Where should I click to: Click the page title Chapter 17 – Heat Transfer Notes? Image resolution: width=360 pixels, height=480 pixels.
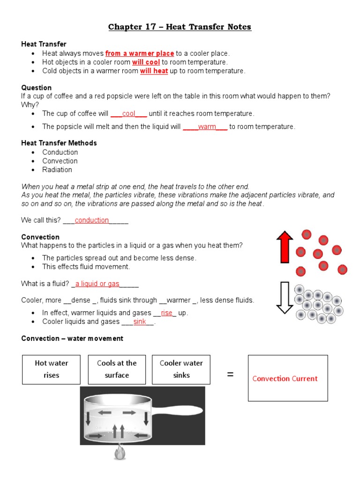tap(180, 27)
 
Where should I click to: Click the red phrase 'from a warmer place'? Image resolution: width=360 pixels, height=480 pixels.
tap(140, 53)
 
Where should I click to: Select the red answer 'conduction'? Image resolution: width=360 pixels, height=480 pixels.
tap(92, 220)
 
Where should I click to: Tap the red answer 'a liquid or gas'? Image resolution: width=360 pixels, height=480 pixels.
tap(97, 284)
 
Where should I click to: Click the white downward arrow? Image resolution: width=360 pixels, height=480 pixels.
tap(284, 297)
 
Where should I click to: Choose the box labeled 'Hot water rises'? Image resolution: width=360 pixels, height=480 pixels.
tap(52, 369)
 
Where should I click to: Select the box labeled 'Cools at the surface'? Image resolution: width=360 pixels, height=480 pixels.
tap(117, 369)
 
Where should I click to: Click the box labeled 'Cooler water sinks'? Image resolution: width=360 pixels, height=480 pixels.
tap(181, 369)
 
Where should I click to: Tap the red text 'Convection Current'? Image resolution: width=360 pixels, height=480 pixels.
tap(285, 379)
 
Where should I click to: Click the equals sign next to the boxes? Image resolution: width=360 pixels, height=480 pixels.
tap(230, 375)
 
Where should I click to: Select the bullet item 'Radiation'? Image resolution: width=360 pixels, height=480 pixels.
tap(57, 170)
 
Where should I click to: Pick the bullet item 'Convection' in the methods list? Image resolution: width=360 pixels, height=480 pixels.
tap(60, 161)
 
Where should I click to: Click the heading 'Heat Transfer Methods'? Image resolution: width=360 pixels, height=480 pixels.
tap(59, 143)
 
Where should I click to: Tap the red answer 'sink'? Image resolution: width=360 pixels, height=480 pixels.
tap(140, 322)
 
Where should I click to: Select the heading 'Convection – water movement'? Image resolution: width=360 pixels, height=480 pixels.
tap(72, 338)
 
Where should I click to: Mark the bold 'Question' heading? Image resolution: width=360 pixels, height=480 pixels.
tap(37, 88)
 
